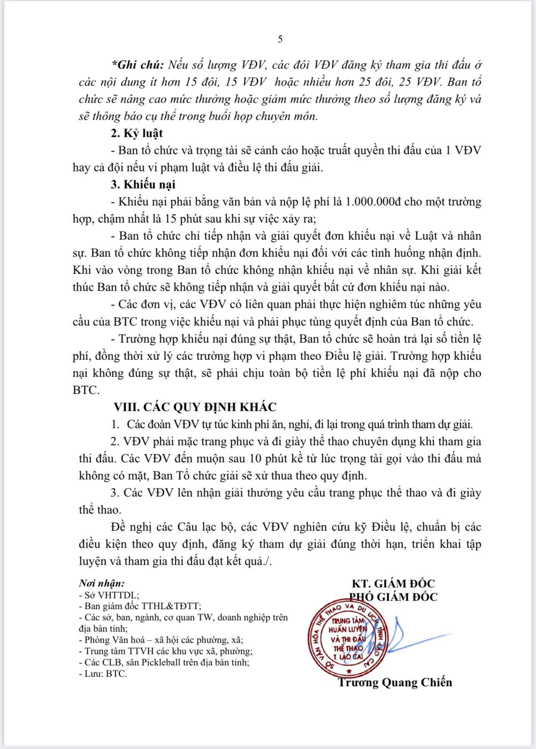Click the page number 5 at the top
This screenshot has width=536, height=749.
coord(280,39)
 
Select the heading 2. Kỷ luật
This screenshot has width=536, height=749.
coord(137,133)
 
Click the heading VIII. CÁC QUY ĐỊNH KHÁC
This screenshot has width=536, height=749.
coord(195,407)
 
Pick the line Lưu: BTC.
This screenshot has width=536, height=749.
coord(103,674)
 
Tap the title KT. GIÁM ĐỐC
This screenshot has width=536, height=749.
coord(393,583)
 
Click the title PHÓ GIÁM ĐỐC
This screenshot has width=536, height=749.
coord(393,597)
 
